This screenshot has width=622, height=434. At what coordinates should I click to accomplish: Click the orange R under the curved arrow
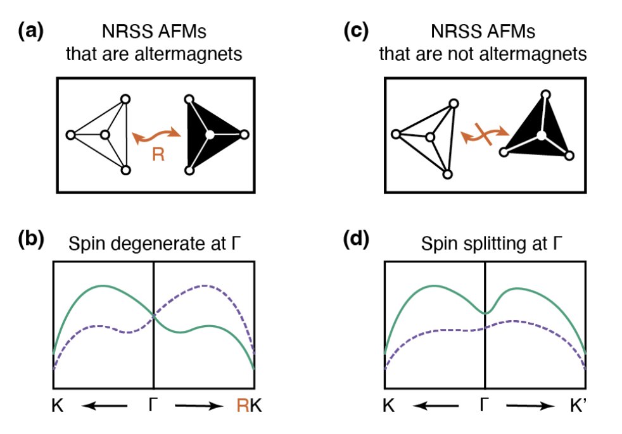[x=158, y=154]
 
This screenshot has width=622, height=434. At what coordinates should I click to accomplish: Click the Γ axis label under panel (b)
[x=154, y=407]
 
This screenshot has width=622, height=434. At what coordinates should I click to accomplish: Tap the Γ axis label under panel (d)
[x=485, y=407]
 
